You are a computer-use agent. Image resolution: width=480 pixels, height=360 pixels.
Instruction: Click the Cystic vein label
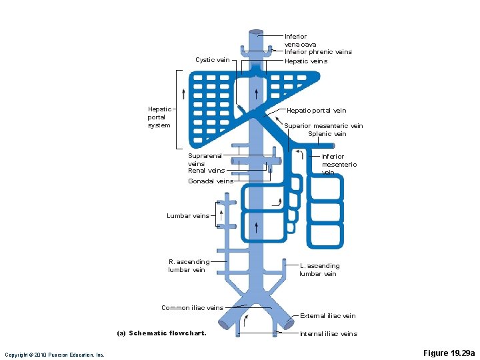212,60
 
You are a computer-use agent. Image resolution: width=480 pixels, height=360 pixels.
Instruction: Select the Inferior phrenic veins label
318,52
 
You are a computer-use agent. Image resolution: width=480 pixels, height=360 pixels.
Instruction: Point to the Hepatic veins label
306,61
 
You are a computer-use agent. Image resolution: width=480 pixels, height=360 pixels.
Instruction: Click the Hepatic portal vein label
316,111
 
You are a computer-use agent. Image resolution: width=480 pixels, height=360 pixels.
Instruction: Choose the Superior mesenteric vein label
323,126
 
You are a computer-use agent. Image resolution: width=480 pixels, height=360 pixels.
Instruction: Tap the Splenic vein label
327,134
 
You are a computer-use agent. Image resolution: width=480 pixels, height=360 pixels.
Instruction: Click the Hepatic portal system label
159,117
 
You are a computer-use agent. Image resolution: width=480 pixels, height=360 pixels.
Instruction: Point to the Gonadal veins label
211,181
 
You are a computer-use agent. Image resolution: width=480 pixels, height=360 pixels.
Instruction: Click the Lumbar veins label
188,216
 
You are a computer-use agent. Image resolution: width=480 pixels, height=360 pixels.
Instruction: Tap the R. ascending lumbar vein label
189,266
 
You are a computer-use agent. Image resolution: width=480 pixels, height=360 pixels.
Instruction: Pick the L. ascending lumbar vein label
319,270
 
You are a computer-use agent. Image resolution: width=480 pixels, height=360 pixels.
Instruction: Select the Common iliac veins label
192,308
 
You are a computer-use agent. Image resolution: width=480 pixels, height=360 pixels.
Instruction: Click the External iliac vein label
327,316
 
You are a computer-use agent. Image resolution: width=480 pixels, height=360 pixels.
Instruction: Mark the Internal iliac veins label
328,334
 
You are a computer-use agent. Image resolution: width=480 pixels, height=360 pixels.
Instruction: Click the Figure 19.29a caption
449,353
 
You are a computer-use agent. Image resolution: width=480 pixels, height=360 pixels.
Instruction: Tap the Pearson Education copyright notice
55,355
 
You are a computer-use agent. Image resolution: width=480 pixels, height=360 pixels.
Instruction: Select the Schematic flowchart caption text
161,333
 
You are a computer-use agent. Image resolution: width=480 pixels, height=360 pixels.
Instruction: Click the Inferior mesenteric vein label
339,165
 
